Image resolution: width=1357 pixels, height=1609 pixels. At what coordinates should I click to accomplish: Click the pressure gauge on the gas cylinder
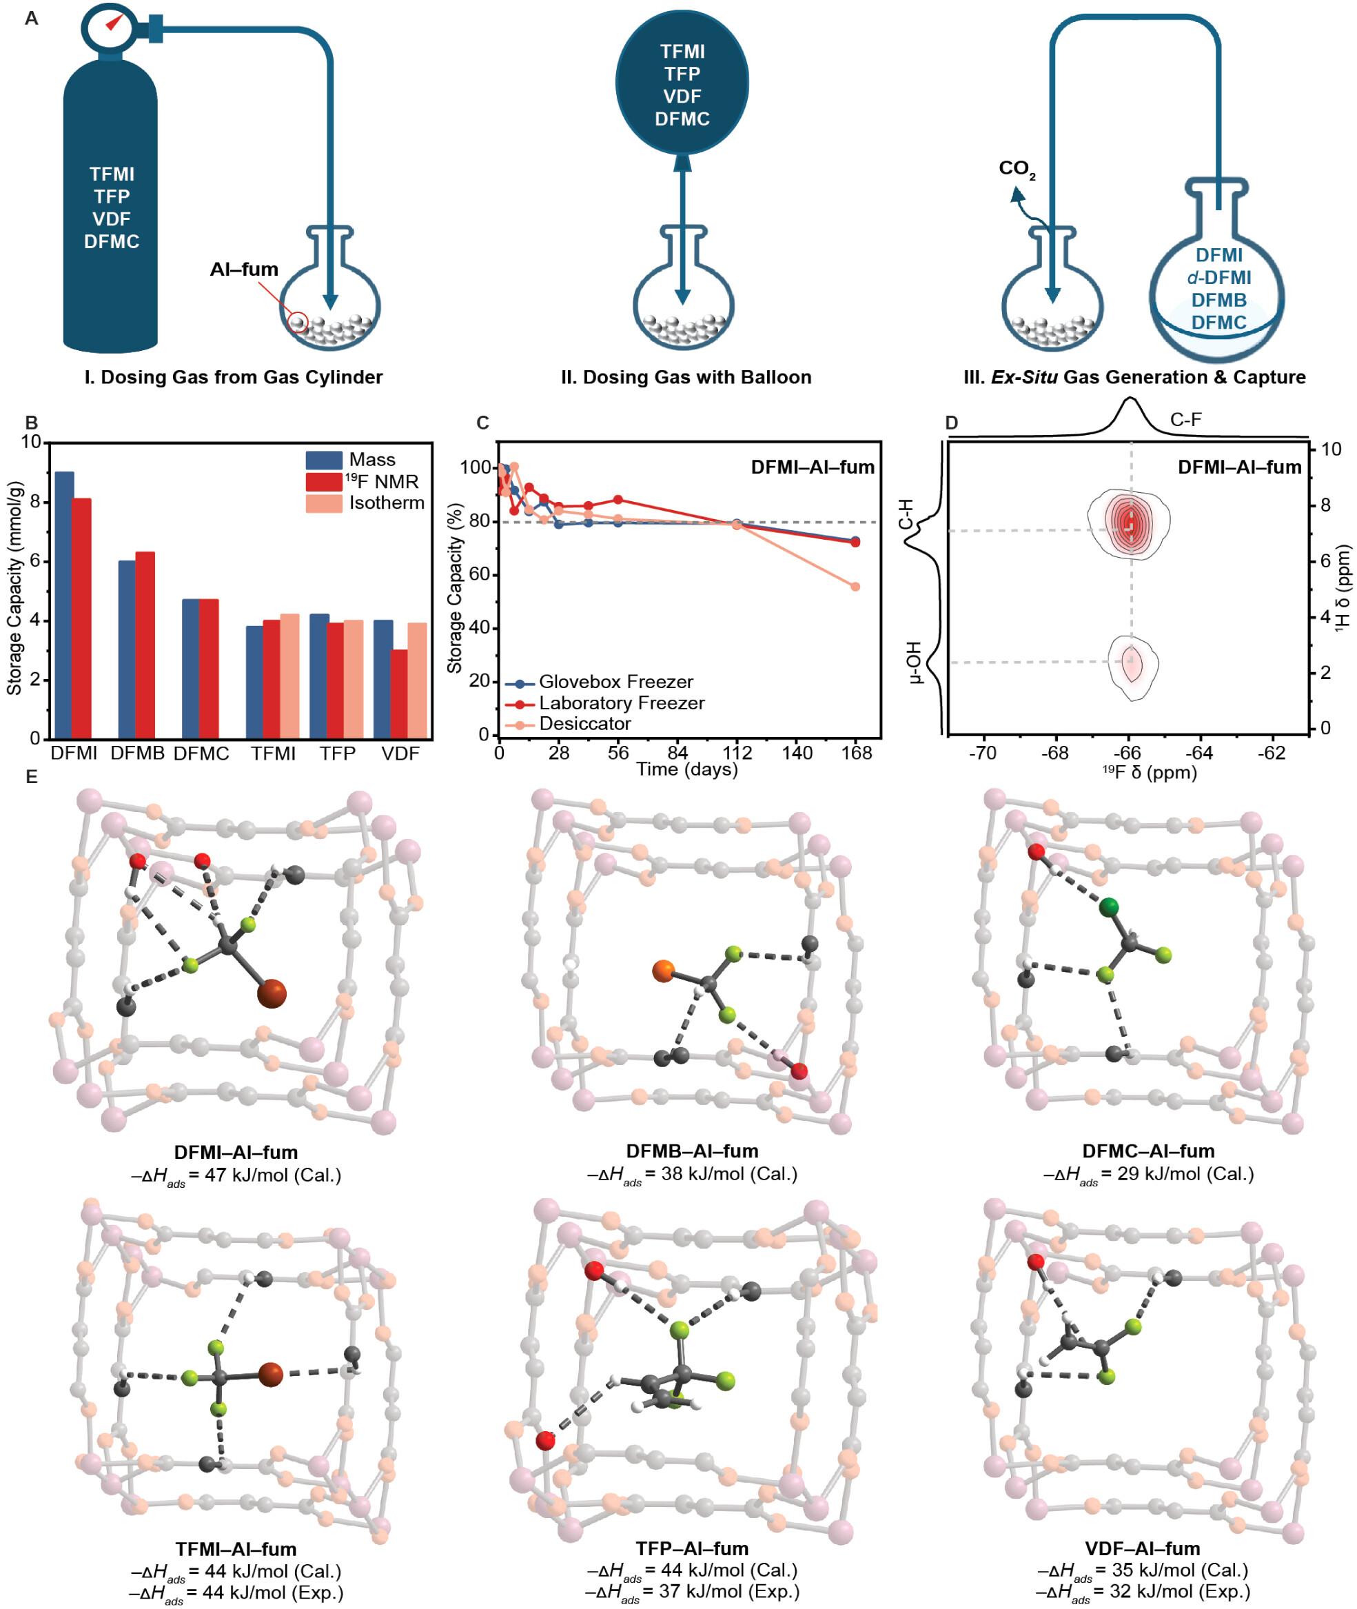(110, 26)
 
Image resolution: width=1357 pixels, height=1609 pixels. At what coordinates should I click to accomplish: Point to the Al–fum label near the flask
(244, 270)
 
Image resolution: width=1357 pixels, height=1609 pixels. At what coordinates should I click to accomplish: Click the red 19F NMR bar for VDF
(398, 694)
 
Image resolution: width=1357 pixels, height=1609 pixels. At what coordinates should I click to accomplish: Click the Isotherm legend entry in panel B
(386, 503)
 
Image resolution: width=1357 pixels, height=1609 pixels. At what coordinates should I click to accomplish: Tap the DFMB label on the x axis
(137, 753)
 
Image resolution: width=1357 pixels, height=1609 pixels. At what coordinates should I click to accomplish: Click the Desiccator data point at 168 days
(855, 587)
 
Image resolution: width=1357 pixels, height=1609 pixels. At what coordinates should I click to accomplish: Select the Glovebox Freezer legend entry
(615, 682)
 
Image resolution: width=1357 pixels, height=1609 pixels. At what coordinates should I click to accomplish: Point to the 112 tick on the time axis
(737, 753)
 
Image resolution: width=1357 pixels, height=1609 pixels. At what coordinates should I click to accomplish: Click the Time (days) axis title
(687, 769)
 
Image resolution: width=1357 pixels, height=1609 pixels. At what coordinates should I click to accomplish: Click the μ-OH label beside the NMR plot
(913, 662)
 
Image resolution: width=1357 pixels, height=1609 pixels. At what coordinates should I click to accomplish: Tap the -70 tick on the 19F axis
(982, 753)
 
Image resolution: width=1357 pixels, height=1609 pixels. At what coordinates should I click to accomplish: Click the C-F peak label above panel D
(1185, 419)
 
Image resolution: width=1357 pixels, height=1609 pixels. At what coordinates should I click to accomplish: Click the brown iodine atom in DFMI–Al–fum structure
(271, 993)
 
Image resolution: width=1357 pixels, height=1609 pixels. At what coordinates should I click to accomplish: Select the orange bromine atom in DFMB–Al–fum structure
(663, 971)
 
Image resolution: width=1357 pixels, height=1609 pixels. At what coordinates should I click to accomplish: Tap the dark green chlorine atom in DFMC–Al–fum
(1108, 908)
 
